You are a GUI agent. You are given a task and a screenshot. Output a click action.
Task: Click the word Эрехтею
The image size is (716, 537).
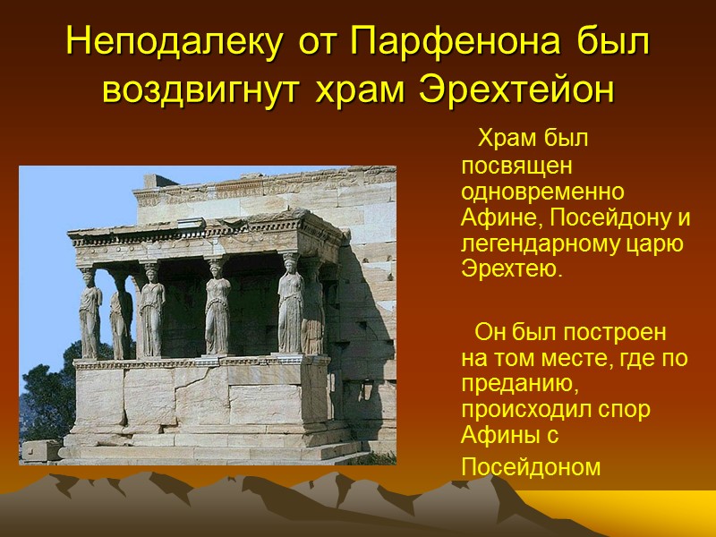click(512, 269)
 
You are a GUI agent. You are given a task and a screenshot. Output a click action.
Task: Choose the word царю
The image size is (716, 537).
click(661, 243)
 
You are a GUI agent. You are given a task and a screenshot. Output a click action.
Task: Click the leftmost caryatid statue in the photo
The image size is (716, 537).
click(89, 313)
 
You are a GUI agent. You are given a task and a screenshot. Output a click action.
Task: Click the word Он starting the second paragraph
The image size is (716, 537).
click(490, 333)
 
